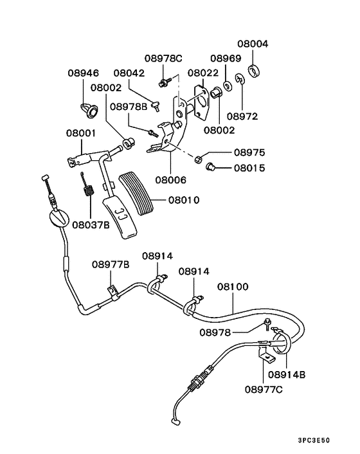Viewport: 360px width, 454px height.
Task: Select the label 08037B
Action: (x=91, y=224)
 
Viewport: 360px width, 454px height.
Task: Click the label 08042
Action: (x=130, y=73)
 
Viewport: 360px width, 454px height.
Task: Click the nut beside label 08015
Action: (x=210, y=168)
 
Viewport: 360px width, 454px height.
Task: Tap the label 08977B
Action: (x=111, y=264)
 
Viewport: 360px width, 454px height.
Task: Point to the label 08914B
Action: (x=287, y=374)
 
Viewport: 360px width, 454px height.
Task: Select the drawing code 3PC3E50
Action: (x=331, y=441)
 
